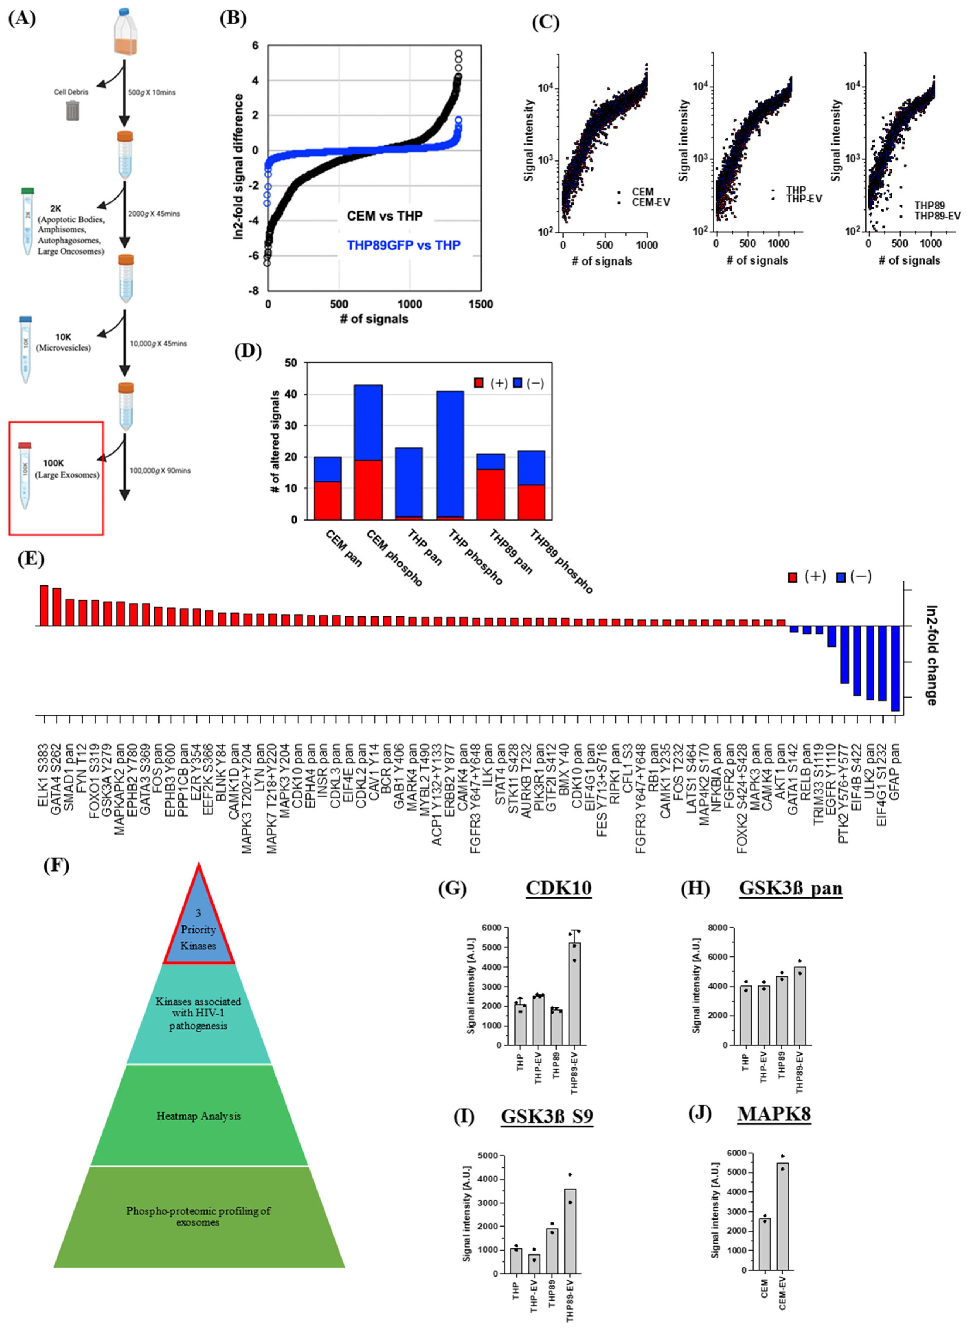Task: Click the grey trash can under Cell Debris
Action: [x=73, y=110]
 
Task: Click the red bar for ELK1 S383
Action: [x=43, y=605]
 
